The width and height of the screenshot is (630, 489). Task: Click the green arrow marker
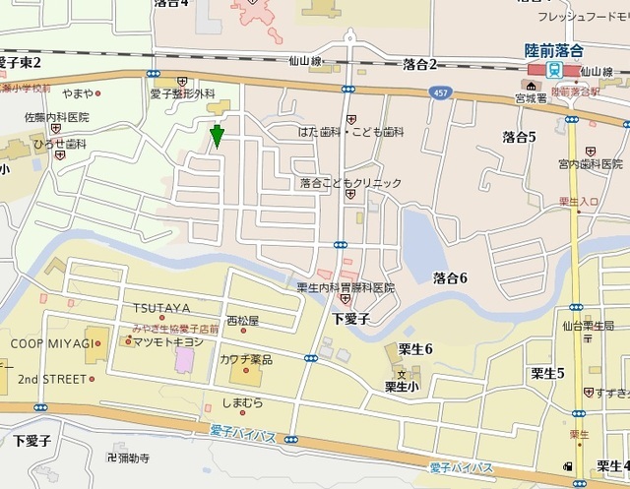pos(217,137)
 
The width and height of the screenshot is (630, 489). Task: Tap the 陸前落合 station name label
pos(553,50)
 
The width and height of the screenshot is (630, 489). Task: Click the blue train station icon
pos(553,70)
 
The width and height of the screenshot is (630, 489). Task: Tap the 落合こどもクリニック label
pos(351,182)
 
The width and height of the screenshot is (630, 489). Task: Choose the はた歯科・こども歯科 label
pos(351,131)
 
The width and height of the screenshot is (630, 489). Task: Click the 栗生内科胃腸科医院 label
pos(345,287)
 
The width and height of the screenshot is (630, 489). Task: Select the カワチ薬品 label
pos(246,360)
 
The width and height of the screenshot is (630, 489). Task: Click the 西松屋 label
pos(242,321)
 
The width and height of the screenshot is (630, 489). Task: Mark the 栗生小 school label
pos(403,386)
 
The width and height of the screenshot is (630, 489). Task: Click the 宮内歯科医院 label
pos(591,163)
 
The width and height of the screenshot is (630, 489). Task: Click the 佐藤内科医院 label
pos(56,117)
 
